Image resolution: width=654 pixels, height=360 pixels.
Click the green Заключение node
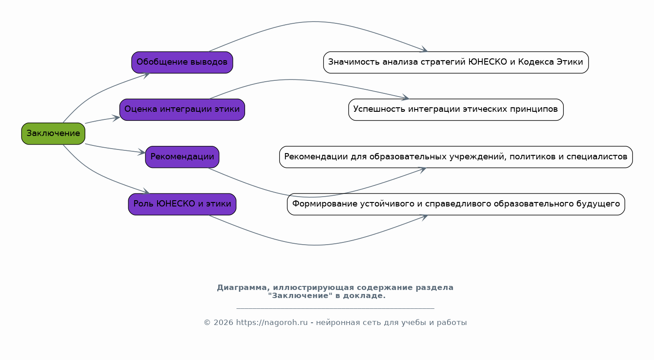(x=53, y=133)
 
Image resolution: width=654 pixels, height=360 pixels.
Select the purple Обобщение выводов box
(x=182, y=62)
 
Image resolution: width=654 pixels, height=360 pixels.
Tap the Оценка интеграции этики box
(x=182, y=110)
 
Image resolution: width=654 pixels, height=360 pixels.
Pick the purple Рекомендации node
(x=182, y=157)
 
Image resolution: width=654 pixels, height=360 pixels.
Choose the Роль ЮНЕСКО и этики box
(x=182, y=204)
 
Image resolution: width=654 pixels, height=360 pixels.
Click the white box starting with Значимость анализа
(x=456, y=62)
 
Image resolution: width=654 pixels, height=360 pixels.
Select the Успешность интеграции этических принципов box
(x=456, y=110)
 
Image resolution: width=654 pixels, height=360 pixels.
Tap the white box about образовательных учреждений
(x=456, y=157)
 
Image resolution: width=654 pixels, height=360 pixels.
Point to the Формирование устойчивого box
(x=456, y=204)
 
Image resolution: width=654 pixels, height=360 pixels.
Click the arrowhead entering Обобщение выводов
(x=146, y=74)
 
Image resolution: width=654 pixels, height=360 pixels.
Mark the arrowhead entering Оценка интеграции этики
(x=116, y=118)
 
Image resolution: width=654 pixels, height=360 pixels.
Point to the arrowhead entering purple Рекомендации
(x=142, y=153)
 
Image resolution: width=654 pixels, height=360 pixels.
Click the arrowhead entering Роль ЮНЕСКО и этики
(x=146, y=192)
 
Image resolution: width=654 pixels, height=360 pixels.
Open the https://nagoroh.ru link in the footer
(x=272, y=322)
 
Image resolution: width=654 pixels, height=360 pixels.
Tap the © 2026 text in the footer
(x=219, y=322)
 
